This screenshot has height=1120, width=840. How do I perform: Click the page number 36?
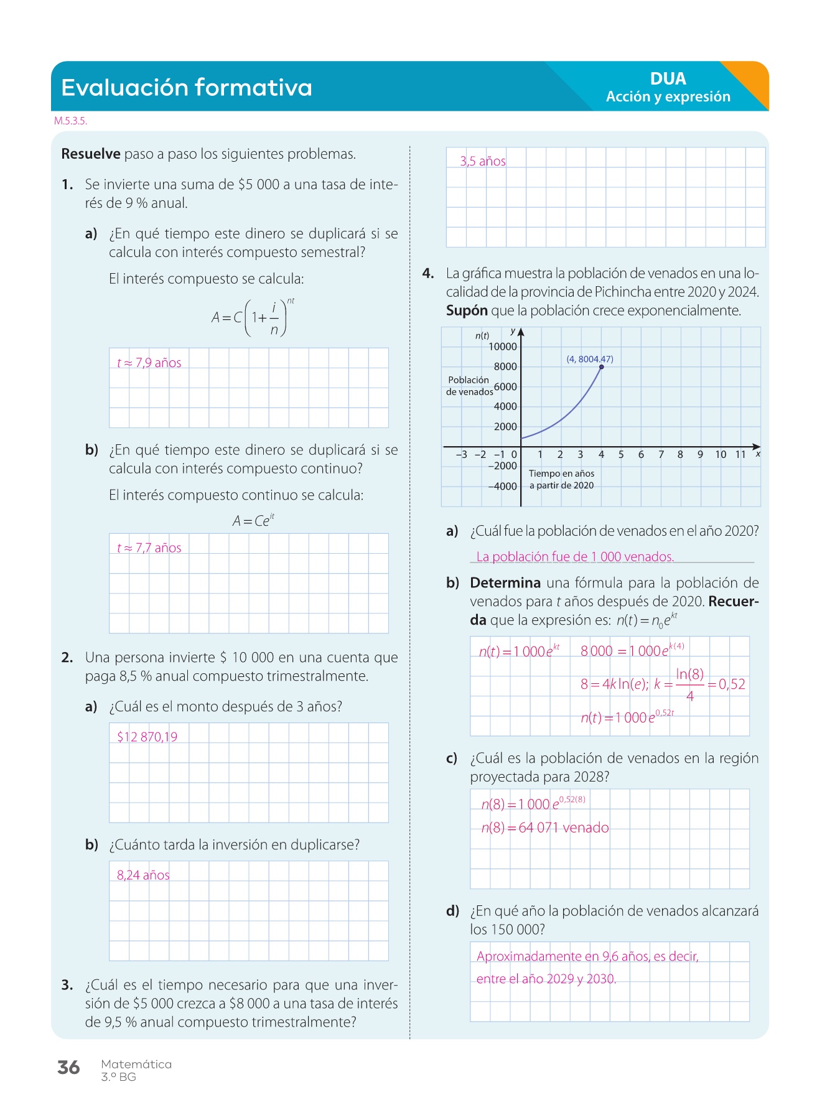coord(68,1068)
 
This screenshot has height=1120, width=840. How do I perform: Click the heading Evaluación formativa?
coord(186,88)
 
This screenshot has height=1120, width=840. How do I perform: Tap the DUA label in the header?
coord(668,79)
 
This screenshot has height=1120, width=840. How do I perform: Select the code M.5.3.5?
coord(70,121)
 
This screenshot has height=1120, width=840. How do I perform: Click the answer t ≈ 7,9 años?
coord(149,363)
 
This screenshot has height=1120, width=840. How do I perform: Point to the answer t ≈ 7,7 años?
coord(149,548)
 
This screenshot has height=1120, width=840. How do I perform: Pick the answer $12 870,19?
coord(147,737)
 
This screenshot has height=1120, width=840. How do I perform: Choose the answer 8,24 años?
coord(143,875)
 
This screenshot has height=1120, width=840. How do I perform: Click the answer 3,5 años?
coord(483,162)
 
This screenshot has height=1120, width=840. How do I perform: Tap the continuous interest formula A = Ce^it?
coord(253,521)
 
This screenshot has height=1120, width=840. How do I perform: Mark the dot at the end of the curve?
coord(602,367)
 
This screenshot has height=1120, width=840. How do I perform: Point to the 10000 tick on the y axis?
coord(502,347)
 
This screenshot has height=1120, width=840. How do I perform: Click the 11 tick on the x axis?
coord(740,455)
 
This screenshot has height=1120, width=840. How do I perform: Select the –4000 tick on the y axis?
coord(502,486)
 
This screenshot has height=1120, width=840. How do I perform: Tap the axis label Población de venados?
coord(469,386)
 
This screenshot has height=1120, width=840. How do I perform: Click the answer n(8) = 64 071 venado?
coord(545,828)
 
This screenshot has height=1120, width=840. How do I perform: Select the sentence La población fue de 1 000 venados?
coord(575,557)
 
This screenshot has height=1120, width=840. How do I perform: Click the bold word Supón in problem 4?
coord(467,310)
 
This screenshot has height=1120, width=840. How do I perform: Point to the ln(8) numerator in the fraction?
coord(690,674)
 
